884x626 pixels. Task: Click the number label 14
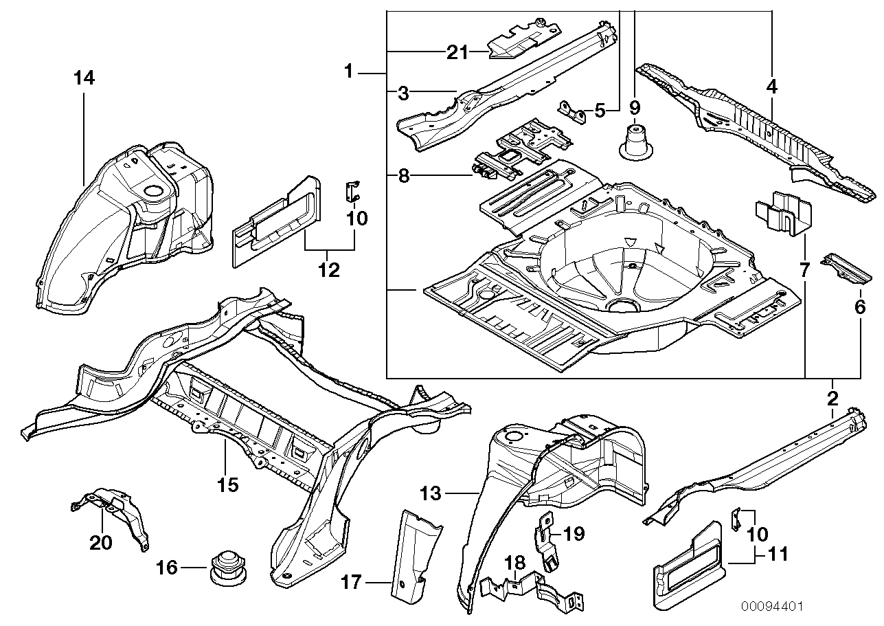pyautogui.click(x=84, y=78)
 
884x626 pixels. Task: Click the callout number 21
pyautogui.click(x=456, y=52)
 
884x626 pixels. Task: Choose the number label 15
pyautogui.click(x=227, y=484)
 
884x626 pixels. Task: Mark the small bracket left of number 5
pyautogui.click(x=571, y=111)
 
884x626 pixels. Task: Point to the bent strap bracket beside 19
pyautogui.click(x=546, y=539)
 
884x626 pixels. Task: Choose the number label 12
pyautogui.click(x=329, y=269)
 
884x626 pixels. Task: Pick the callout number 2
pyautogui.click(x=832, y=398)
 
